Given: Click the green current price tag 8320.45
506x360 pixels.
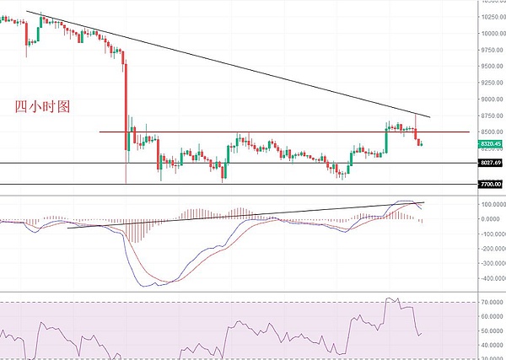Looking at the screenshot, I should tap(491, 143).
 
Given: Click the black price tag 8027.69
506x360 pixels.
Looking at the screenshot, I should tap(491, 163).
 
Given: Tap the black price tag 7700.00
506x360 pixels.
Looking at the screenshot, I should tap(491, 184).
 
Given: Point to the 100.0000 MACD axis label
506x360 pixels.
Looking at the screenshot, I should tap(489, 204).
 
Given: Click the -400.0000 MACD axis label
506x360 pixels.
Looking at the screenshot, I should tap(487, 277).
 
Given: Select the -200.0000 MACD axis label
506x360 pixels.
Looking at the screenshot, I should tap(487, 248).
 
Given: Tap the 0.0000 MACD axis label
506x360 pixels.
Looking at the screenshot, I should tap(492, 219).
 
